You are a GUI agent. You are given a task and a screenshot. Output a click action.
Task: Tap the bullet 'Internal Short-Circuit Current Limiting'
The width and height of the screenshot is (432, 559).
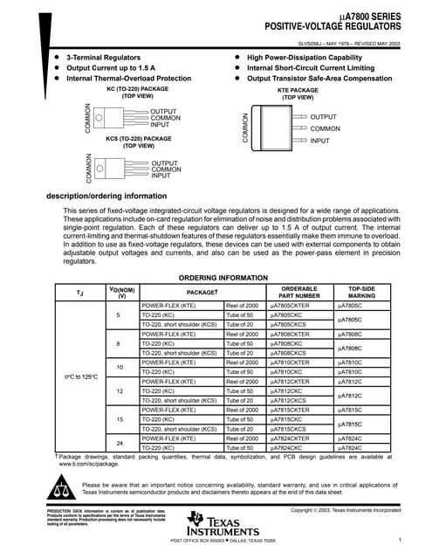[305, 67]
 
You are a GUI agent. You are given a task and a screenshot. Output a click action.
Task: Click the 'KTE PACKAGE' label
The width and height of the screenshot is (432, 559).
[298, 89]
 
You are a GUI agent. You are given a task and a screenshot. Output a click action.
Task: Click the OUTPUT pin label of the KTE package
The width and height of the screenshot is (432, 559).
[323, 117]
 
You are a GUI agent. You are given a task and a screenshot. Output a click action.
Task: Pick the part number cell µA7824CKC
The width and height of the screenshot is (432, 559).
[285, 447]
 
